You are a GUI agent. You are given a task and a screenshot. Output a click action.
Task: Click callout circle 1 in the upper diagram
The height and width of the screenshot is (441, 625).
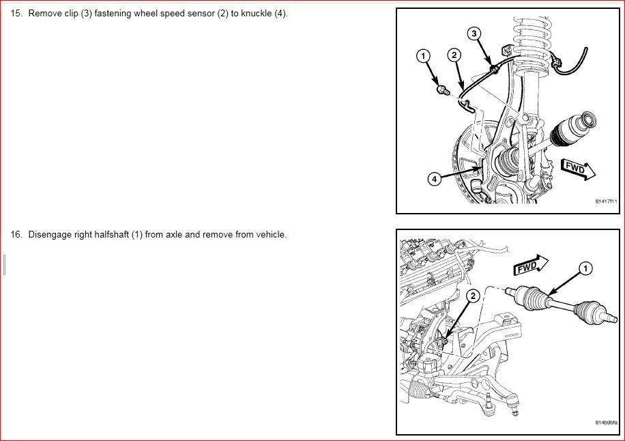pyautogui.click(x=423, y=56)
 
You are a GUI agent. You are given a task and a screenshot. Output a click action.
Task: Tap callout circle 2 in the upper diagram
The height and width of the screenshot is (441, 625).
pyautogui.click(x=454, y=55)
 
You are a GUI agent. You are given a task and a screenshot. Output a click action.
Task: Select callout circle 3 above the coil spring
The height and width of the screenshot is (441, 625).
pyautogui.click(x=474, y=33)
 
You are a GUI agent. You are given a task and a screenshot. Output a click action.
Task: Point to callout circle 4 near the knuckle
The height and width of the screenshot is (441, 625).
pyautogui.click(x=435, y=179)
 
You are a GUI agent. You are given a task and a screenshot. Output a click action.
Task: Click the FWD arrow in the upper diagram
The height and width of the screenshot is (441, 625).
pyautogui.click(x=578, y=169)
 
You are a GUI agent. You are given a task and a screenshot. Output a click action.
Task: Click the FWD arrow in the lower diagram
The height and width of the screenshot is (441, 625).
pyautogui.click(x=531, y=265)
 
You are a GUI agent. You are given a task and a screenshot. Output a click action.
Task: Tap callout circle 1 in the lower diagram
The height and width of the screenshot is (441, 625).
pyautogui.click(x=585, y=268)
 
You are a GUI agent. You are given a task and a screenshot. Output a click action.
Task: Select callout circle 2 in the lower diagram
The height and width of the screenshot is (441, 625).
pyautogui.click(x=473, y=296)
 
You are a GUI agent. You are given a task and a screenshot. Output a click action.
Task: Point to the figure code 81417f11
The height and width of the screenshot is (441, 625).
pyautogui.click(x=606, y=201)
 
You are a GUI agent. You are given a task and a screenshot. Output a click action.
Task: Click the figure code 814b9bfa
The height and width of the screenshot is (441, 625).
pyautogui.click(x=607, y=423)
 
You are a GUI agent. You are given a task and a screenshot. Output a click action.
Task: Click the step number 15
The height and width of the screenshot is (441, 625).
pyautogui.click(x=16, y=14)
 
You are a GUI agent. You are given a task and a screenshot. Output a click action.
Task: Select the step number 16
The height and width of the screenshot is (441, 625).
pyautogui.click(x=16, y=234)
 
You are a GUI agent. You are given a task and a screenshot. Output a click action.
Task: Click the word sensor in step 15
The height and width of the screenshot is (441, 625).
pyautogui.click(x=201, y=14)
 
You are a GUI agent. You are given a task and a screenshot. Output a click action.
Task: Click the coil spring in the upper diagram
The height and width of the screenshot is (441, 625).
pyautogui.click(x=530, y=46)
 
